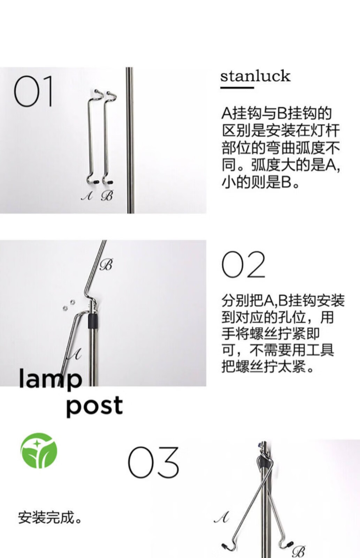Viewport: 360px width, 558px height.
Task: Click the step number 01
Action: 33,91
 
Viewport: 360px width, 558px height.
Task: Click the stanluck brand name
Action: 255,76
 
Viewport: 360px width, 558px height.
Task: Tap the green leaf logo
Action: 39,451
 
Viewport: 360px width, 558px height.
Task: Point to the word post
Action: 94,406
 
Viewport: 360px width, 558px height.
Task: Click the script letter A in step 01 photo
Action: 87,196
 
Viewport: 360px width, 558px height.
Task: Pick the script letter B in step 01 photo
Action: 107,196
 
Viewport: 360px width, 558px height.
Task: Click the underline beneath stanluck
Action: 237,87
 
